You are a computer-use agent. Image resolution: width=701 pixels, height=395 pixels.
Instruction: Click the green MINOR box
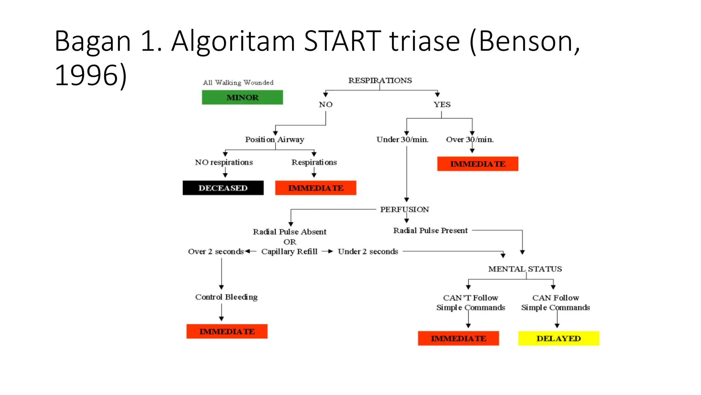click(242, 97)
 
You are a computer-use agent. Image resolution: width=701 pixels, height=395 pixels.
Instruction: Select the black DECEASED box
click(223, 188)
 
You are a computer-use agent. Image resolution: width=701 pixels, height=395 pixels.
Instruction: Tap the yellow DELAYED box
click(559, 338)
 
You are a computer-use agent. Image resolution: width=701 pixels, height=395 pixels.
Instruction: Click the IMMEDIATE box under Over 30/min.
click(477, 164)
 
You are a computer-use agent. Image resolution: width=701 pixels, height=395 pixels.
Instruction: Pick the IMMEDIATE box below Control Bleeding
click(227, 332)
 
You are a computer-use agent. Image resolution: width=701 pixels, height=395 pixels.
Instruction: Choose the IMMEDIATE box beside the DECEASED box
click(316, 188)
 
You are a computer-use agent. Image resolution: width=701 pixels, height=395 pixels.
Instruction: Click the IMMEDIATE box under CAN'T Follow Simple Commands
click(458, 338)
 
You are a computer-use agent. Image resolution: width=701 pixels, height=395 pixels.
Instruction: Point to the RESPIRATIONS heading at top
click(380, 81)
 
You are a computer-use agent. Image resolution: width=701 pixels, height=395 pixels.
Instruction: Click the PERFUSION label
click(404, 210)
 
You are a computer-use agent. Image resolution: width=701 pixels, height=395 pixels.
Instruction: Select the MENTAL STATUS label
click(525, 269)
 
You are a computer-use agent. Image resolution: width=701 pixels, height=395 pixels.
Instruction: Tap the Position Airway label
click(275, 140)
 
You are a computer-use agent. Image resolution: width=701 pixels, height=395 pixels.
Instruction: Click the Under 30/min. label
click(402, 140)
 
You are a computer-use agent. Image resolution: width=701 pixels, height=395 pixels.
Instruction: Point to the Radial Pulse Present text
click(430, 231)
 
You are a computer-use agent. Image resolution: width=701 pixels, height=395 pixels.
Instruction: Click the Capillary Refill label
click(289, 252)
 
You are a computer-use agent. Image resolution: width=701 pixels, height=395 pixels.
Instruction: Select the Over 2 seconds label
click(216, 252)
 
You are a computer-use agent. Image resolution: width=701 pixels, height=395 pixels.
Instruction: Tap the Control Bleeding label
click(226, 297)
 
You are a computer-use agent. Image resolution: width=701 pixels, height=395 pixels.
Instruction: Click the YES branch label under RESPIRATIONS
click(442, 105)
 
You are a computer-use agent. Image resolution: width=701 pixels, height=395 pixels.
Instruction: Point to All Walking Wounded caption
click(238, 83)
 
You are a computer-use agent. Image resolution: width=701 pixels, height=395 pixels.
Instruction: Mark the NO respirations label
click(224, 163)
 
